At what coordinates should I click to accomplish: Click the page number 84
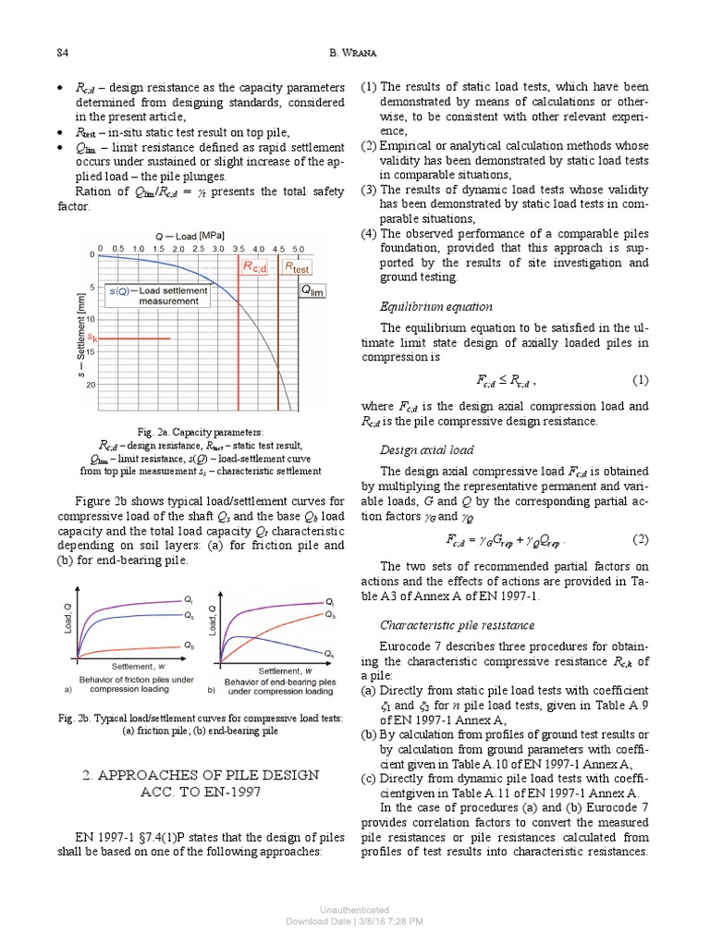point(62,52)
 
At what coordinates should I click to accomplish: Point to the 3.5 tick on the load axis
point(239,249)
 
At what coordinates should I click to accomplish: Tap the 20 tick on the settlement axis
point(91,384)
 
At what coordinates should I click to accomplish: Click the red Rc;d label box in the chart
point(254,267)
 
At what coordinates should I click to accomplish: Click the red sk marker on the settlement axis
point(92,338)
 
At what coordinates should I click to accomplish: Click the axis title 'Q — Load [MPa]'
point(189,235)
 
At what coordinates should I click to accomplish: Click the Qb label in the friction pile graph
point(189,645)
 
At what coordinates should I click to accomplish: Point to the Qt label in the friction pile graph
point(189,601)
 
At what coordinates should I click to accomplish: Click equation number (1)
point(640,379)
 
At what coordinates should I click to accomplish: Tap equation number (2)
point(640,538)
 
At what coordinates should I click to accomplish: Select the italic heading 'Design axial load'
point(428,450)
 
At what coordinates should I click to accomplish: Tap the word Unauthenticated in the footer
point(354,910)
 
